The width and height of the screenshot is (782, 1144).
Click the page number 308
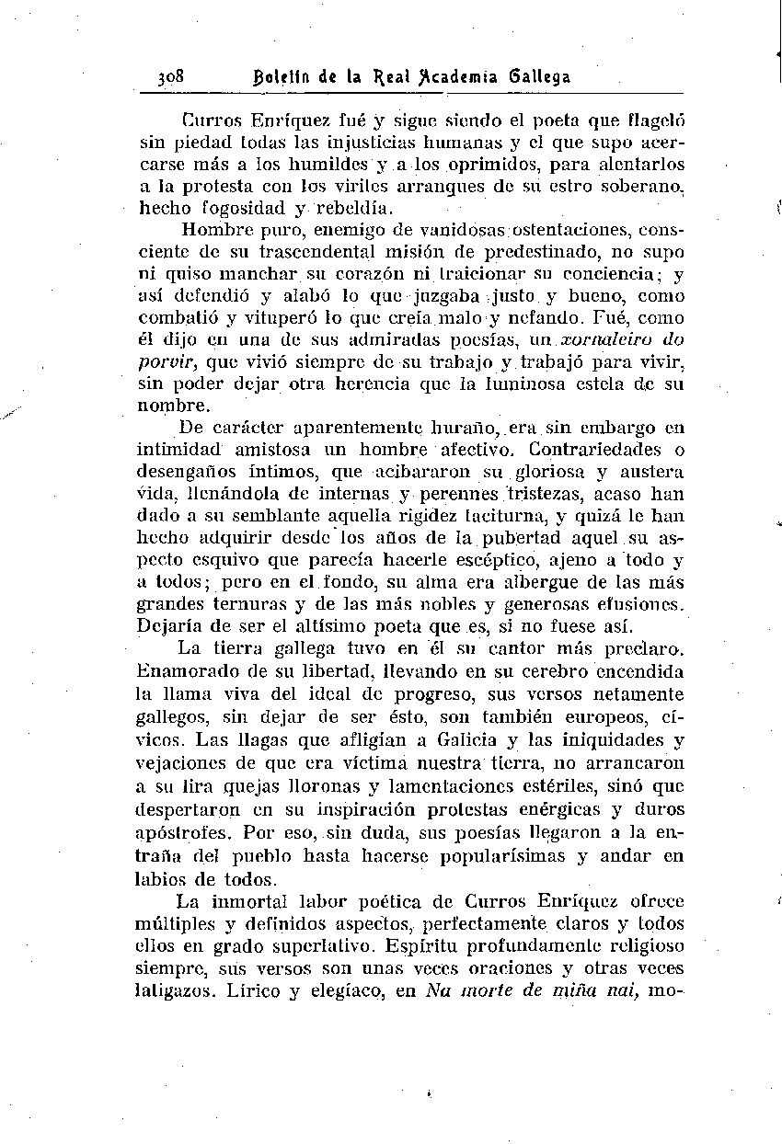[171, 78]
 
